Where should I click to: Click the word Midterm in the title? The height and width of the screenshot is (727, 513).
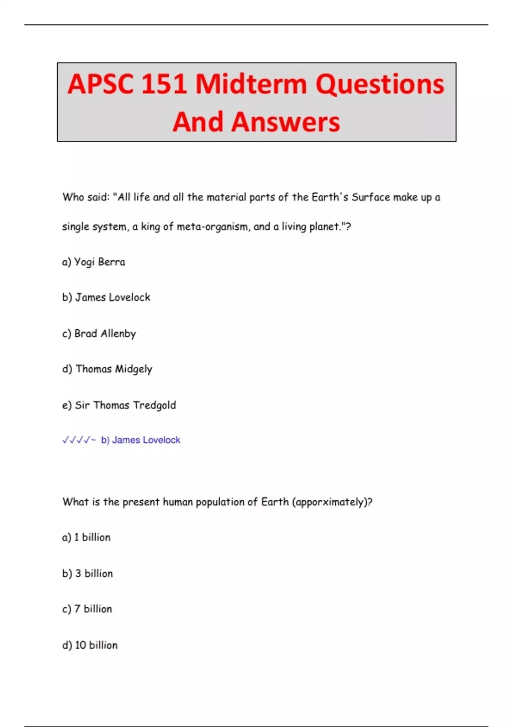[x=251, y=84]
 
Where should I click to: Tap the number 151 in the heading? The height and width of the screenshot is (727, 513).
[x=164, y=84]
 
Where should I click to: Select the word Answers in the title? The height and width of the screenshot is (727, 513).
[x=286, y=122]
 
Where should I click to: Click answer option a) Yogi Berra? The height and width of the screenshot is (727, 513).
[x=94, y=262]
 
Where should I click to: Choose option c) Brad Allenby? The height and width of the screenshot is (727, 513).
[x=99, y=334]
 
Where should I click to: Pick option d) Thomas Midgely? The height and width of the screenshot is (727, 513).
[x=107, y=369]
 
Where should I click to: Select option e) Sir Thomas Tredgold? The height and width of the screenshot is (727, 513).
[x=119, y=405]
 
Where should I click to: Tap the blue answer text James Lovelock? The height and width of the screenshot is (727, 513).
[x=146, y=440]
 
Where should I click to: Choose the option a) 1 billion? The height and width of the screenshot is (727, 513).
[x=86, y=537]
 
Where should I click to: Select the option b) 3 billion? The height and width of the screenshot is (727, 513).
[x=88, y=573]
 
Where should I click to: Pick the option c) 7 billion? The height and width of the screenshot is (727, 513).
[x=87, y=609]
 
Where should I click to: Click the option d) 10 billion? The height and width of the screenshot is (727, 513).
[x=90, y=645]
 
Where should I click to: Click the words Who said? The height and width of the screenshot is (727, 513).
[x=86, y=197]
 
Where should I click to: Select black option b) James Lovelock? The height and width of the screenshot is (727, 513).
[x=106, y=297]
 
